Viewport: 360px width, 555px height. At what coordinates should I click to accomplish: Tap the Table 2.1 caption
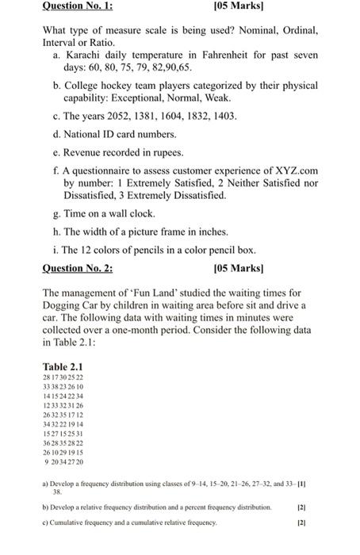pyautogui.click(x=62, y=366)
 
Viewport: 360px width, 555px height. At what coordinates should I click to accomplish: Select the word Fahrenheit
pyautogui.click(x=224, y=55)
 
